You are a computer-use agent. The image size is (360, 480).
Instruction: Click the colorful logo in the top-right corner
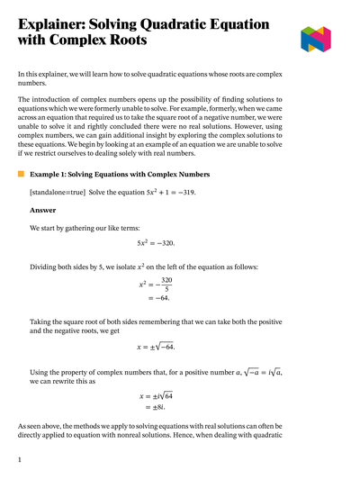pyautogui.click(x=316, y=39)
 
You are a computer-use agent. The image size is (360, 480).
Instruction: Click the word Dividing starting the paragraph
pyautogui.click(x=46, y=267)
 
